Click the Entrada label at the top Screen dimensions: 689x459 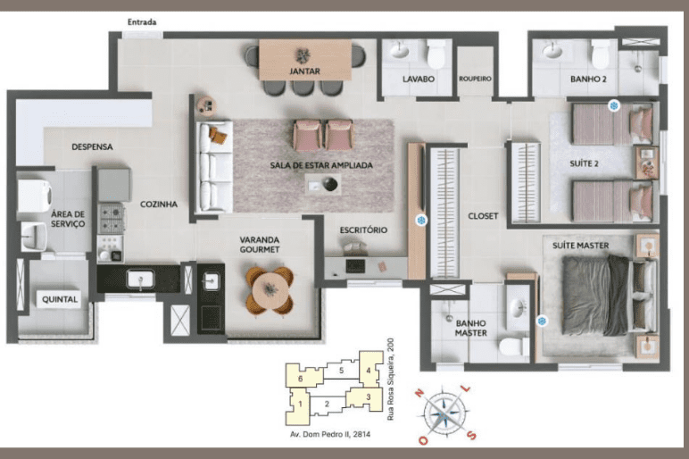pyautogui.click(x=142, y=22)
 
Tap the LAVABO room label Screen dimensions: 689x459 pyautogui.click(x=419, y=79)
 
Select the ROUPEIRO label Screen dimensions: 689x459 pyautogui.click(x=475, y=79)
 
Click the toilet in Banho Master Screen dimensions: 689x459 pyautogui.click(x=514, y=346)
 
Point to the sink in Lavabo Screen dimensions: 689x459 pyautogui.click(x=400, y=50)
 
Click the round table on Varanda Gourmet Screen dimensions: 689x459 pyautogui.click(x=270, y=290)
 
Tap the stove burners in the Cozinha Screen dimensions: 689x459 pyautogui.click(x=111, y=219)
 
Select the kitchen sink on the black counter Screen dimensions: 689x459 pyautogui.click(x=140, y=280)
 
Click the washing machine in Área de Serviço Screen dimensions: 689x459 pyautogui.click(x=34, y=196)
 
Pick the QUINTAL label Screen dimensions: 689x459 pyautogui.click(x=60, y=299)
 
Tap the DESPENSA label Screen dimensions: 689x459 pyautogui.click(x=92, y=146)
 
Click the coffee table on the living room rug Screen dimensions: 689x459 pyautogui.click(x=323, y=184)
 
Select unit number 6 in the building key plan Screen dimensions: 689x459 pyautogui.click(x=300, y=379)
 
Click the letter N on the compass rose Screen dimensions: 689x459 pyautogui.click(x=419, y=393)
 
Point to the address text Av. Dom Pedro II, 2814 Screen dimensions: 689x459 pyautogui.click(x=330, y=434)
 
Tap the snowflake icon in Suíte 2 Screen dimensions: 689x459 pyautogui.click(x=614, y=105)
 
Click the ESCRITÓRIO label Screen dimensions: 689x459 pyautogui.click(x=363, y=229)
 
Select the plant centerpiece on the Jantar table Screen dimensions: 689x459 pyautogui.click(x=303, y=56)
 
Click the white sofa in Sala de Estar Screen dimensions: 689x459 pyautogui.click(x=214, y=167)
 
